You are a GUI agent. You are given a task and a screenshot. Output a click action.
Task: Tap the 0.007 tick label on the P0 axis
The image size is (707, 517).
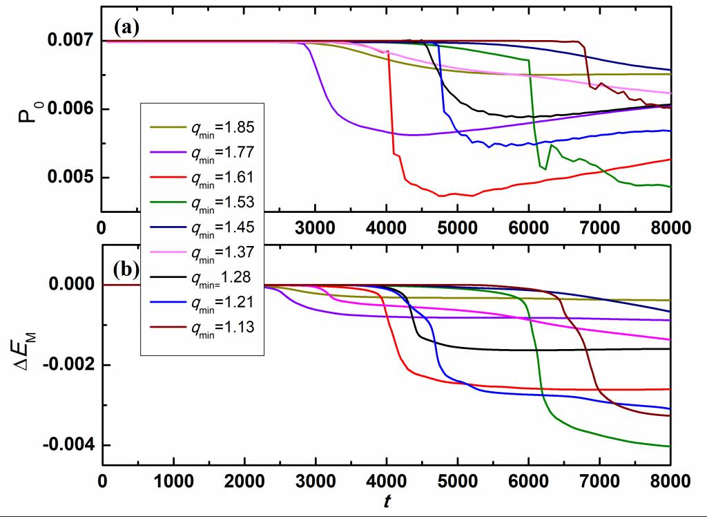68,41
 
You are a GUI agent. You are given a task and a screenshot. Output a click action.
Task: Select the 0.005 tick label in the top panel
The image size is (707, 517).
68,178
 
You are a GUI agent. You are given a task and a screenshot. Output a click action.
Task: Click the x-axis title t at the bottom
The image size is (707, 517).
387,498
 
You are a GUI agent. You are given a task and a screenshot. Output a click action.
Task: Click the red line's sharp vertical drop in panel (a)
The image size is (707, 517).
391,104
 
